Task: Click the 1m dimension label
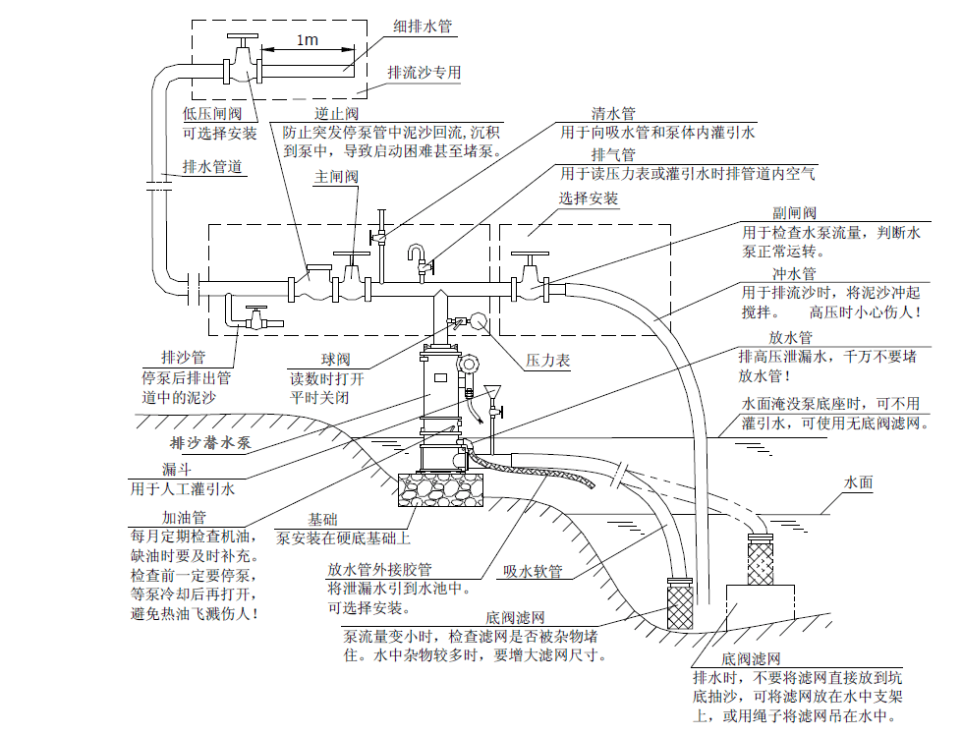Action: tap(305, 40)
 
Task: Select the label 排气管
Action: tap(613, 155)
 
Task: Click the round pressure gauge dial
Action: tap(480, 321)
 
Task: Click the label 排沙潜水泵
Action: tap(210, 442)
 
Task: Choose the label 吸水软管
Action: tap(533, 571)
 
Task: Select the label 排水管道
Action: tap(212, 167)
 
